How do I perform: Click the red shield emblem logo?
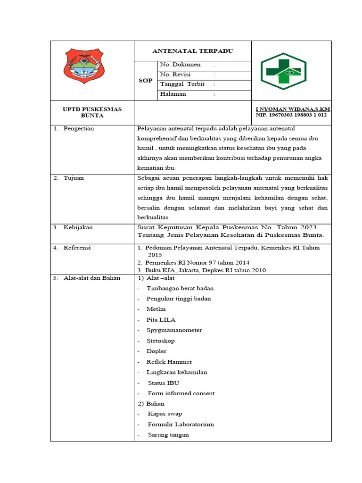coord(84,66)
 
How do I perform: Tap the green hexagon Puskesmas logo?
coord(283,71)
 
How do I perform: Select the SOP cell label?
coord(145,81)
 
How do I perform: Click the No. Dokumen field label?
coord(180,65)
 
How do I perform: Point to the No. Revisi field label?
coord(175,75)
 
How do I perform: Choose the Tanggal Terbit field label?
coord(182,84)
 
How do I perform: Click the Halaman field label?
coord(173,94)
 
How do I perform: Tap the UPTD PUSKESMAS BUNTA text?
coord(92,112)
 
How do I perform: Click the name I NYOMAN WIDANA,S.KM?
coord(293,109)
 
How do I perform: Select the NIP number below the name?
coord(291,115)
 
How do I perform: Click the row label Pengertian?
coord(79,129)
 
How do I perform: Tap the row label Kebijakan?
coord(78,227)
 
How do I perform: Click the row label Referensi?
coord(77,248)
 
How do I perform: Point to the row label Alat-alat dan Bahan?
coord(92,278)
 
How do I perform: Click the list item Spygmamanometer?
coord(174,330)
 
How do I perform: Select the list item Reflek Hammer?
coord(169,362)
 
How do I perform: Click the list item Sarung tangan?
coord(168,434)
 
